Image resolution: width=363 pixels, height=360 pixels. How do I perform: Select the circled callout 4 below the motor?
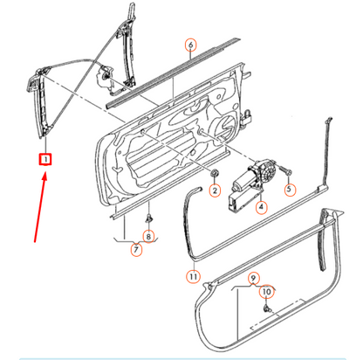coord(260,207)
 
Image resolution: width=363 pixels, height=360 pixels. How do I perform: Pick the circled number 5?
coord(291,190)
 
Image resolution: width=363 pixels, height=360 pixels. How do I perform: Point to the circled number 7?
coord(136,251)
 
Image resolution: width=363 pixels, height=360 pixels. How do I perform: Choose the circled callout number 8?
coord(148,235)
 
